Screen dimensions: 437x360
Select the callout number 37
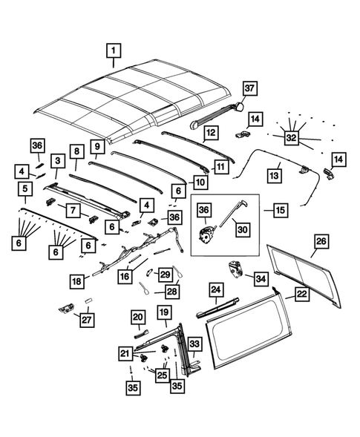coord(249,89)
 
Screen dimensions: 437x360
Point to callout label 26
coord(320,241)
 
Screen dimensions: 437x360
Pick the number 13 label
coord(274,176)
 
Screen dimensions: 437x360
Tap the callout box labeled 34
coord(261,278)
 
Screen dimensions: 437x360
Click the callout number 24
coord(215,289)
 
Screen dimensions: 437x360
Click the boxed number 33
coord(194,344)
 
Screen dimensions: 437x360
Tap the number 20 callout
coord(138,317)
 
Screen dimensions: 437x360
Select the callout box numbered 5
coord(25,190)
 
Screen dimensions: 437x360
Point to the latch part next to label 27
coord(65,306)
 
